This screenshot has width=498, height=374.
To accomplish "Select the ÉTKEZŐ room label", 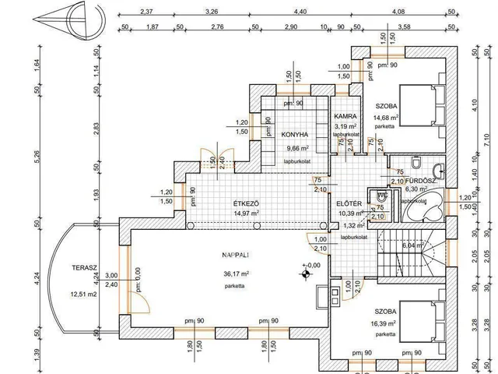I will (245, 204).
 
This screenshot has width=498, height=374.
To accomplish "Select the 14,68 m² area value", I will (387, 118).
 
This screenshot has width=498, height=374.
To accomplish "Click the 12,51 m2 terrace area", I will (84, 294).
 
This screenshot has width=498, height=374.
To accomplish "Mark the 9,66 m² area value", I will (298, 147).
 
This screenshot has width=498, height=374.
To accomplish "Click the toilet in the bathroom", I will (418, 163).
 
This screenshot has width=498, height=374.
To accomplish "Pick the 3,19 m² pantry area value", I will (345, 125).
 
